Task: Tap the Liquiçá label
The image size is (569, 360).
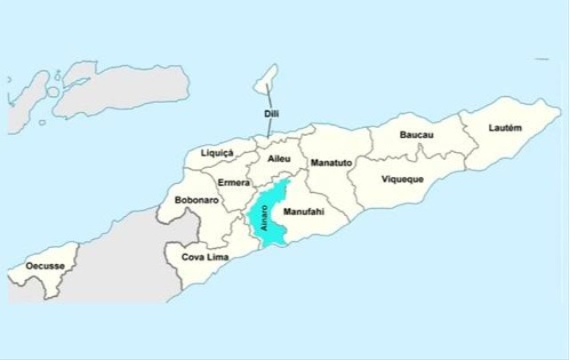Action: point(217,153)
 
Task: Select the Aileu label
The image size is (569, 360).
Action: point(279,158)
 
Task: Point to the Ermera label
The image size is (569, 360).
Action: point(233,182)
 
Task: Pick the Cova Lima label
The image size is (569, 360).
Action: point(205,257)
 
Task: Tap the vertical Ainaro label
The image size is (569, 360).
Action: point(264,219)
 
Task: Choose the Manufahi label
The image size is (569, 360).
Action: point(301,213)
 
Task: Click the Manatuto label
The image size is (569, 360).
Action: point(332,164)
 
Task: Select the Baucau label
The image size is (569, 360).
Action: point(417,135)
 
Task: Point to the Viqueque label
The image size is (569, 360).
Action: point(403,179)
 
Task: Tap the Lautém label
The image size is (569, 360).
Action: point(505,128)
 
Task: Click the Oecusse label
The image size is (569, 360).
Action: point(44,266)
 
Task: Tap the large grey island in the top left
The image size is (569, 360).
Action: point(124,89)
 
